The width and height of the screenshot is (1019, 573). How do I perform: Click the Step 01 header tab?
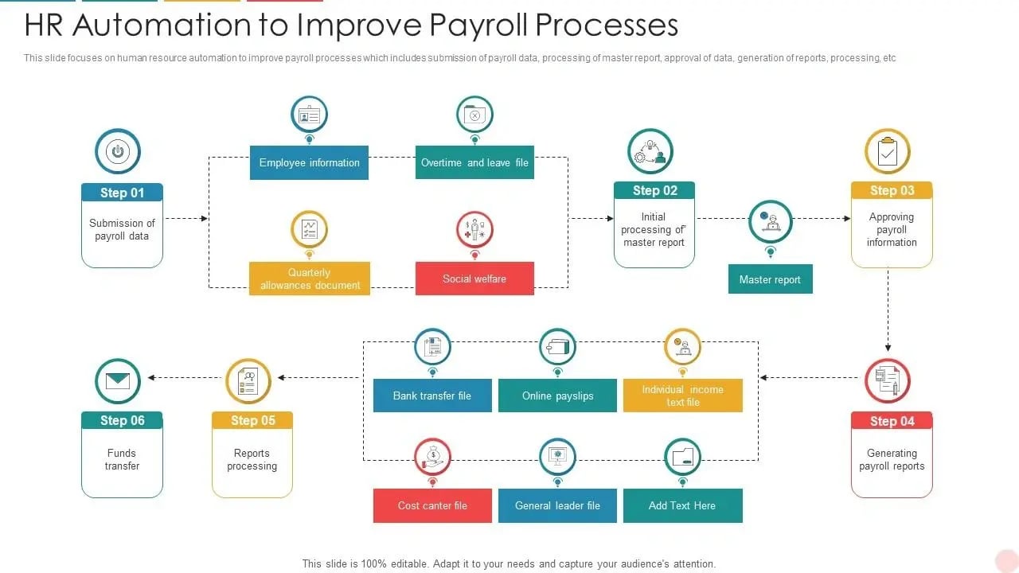pyautogui.click(x=122, y=193)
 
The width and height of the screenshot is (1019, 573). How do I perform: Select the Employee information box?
pyautogui.click(x=309, y=162)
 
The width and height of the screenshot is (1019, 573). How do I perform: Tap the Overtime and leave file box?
pyautogui.click(x=474, y=162)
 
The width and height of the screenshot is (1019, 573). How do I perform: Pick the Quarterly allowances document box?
pyautogui.click(x=310, y=279)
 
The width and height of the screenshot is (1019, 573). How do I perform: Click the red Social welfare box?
pyautogui.click(x=474, y=279)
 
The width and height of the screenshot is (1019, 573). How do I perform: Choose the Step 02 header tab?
pyautogui.click(x=654, y=190)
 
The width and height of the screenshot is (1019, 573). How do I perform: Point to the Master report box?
pyautogui.click(x=770, y=279)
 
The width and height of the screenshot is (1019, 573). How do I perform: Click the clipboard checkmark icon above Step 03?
pyautogui.click(x=888, y=151)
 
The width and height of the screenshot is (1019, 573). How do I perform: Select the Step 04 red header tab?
pyautogui.click(x=892, y=421)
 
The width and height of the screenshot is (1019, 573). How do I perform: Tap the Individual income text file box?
pyautogui.click(x=683, y=396)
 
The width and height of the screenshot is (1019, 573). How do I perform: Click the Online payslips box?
pyautogui.click(x=557, y=396)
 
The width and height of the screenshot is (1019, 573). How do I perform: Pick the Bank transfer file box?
pyautogui.click(x=432, y=396)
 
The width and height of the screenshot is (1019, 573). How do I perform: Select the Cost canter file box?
pyautogui.click(x=432, y=505)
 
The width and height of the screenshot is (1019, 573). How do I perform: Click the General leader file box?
pyautogui.click(x=557, y=505)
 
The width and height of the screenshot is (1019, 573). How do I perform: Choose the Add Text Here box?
pyautogui.click(x=682, y=505)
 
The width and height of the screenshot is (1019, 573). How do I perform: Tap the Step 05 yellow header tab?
pyautogui.click(x=252, y=420)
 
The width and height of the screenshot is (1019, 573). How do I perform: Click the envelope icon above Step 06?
pyautogui.click(x=118, y=381)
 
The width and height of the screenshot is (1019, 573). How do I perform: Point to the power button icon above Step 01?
pyautogui.click(x=118, y=151)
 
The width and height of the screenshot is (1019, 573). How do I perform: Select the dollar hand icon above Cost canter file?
pyautogui.click(x=432, y=457)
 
